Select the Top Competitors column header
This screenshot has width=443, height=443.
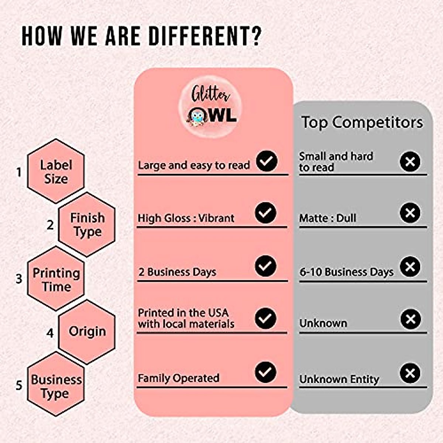pos(362,122)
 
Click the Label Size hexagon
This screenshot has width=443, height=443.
pos(56,171)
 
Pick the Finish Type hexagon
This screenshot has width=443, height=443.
pos(87,224)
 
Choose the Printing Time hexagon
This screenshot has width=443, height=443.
pos(56,279)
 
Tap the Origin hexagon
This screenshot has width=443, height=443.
pos(87,332)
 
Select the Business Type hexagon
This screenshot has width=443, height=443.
pos(56,386)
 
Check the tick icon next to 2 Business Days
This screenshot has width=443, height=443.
pos(265,266)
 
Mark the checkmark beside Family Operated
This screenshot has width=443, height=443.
pos(265,372)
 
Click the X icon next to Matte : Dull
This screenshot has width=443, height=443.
pos(410,213)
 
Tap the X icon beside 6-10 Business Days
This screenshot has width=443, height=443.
pos(410,267)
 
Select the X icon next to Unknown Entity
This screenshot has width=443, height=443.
pos(410,373)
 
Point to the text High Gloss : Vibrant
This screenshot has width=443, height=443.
pos(186,218)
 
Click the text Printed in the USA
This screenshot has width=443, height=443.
pos(183,313)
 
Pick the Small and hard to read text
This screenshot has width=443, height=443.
pos(336,162)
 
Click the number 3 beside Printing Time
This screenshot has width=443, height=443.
pos(19,279)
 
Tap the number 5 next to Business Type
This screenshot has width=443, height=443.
pos(19,385)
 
